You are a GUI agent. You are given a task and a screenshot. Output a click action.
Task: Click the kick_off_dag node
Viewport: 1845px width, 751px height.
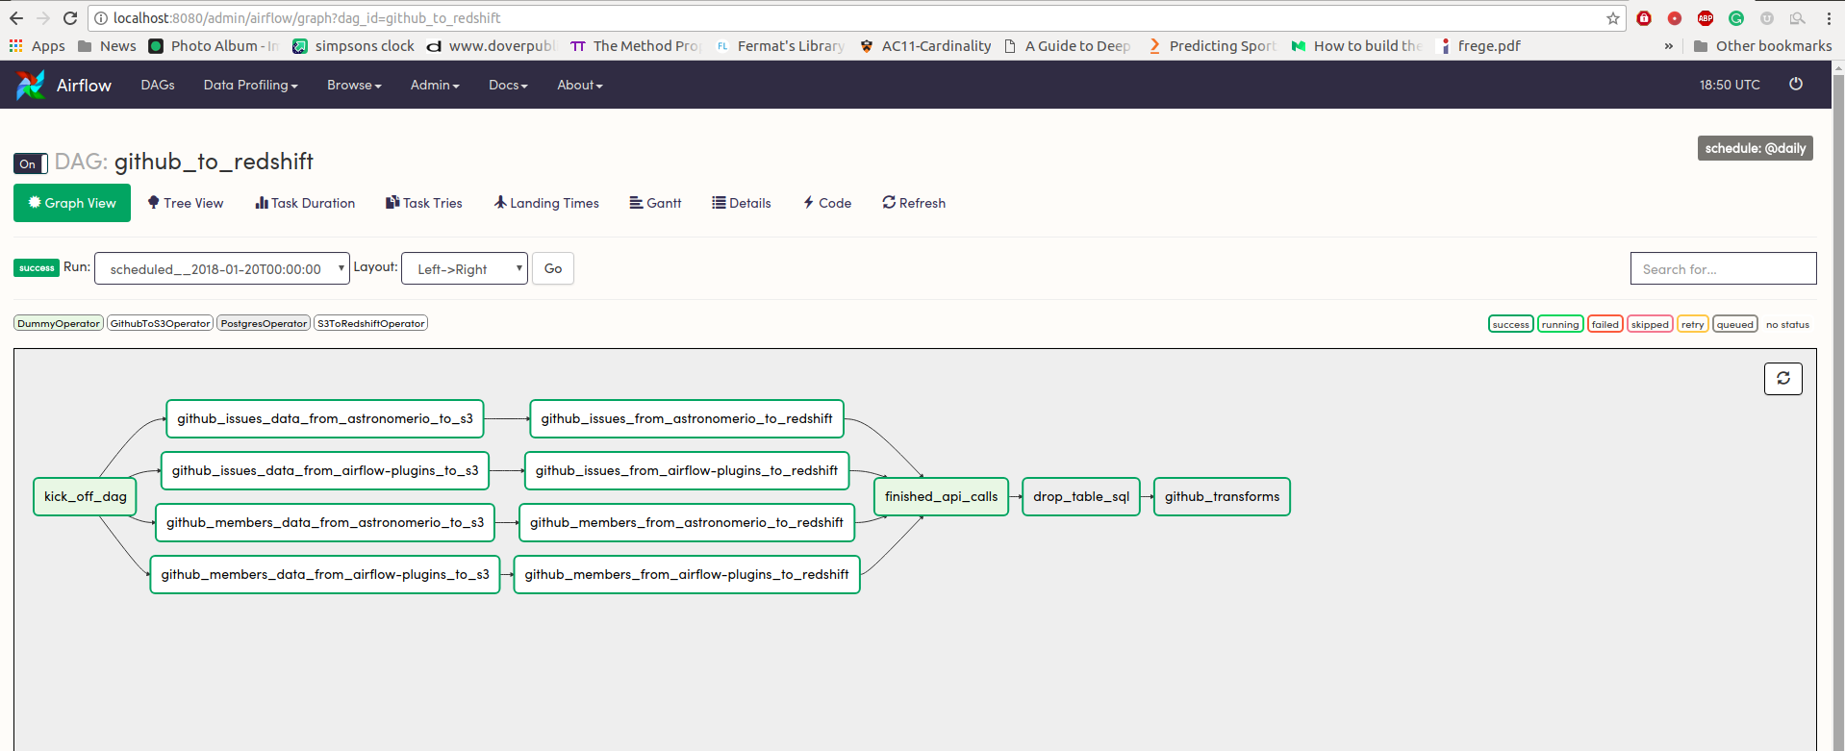point(86,496)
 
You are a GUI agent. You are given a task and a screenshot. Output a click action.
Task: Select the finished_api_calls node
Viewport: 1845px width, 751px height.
point(941,496)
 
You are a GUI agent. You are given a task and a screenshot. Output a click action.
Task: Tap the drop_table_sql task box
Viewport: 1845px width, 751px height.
point(1081,496)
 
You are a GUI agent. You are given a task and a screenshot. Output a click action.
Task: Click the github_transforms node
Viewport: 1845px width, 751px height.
point(1222,496)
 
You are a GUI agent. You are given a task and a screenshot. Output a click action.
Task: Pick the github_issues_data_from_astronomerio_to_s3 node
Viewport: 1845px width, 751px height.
point(325,418)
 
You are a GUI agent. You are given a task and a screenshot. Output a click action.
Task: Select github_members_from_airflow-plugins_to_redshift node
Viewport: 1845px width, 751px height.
point(687,574)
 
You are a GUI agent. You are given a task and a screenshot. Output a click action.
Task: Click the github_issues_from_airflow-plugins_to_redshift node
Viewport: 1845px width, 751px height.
point(687,470)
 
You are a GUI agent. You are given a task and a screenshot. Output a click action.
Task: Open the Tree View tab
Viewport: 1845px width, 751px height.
point(186,203)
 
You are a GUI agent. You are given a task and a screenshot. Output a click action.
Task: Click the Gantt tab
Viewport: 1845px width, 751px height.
point(655,203)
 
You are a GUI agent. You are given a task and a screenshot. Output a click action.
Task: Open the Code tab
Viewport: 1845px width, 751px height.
point(827,203)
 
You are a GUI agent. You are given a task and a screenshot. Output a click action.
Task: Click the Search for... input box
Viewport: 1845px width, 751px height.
point(1723,268)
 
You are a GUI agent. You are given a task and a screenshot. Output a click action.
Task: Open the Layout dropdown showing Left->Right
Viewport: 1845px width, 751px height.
point(465,268)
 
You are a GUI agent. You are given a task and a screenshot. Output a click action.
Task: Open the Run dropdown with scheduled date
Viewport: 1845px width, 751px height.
point(222,268)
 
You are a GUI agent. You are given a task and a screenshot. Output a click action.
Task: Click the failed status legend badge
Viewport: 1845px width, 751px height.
point(1605,324)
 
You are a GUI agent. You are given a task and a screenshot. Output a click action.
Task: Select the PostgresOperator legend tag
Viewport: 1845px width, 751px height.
point(264,323)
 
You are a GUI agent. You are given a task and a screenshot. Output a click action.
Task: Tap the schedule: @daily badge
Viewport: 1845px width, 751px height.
point(1756,148)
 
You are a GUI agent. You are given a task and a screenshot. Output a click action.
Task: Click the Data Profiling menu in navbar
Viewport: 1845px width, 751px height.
point(250,85)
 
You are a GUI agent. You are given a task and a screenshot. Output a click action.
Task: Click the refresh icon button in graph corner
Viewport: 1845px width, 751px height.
point(1783,378)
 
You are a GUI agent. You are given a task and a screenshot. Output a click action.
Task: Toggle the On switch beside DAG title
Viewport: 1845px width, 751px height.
point(31,163)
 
